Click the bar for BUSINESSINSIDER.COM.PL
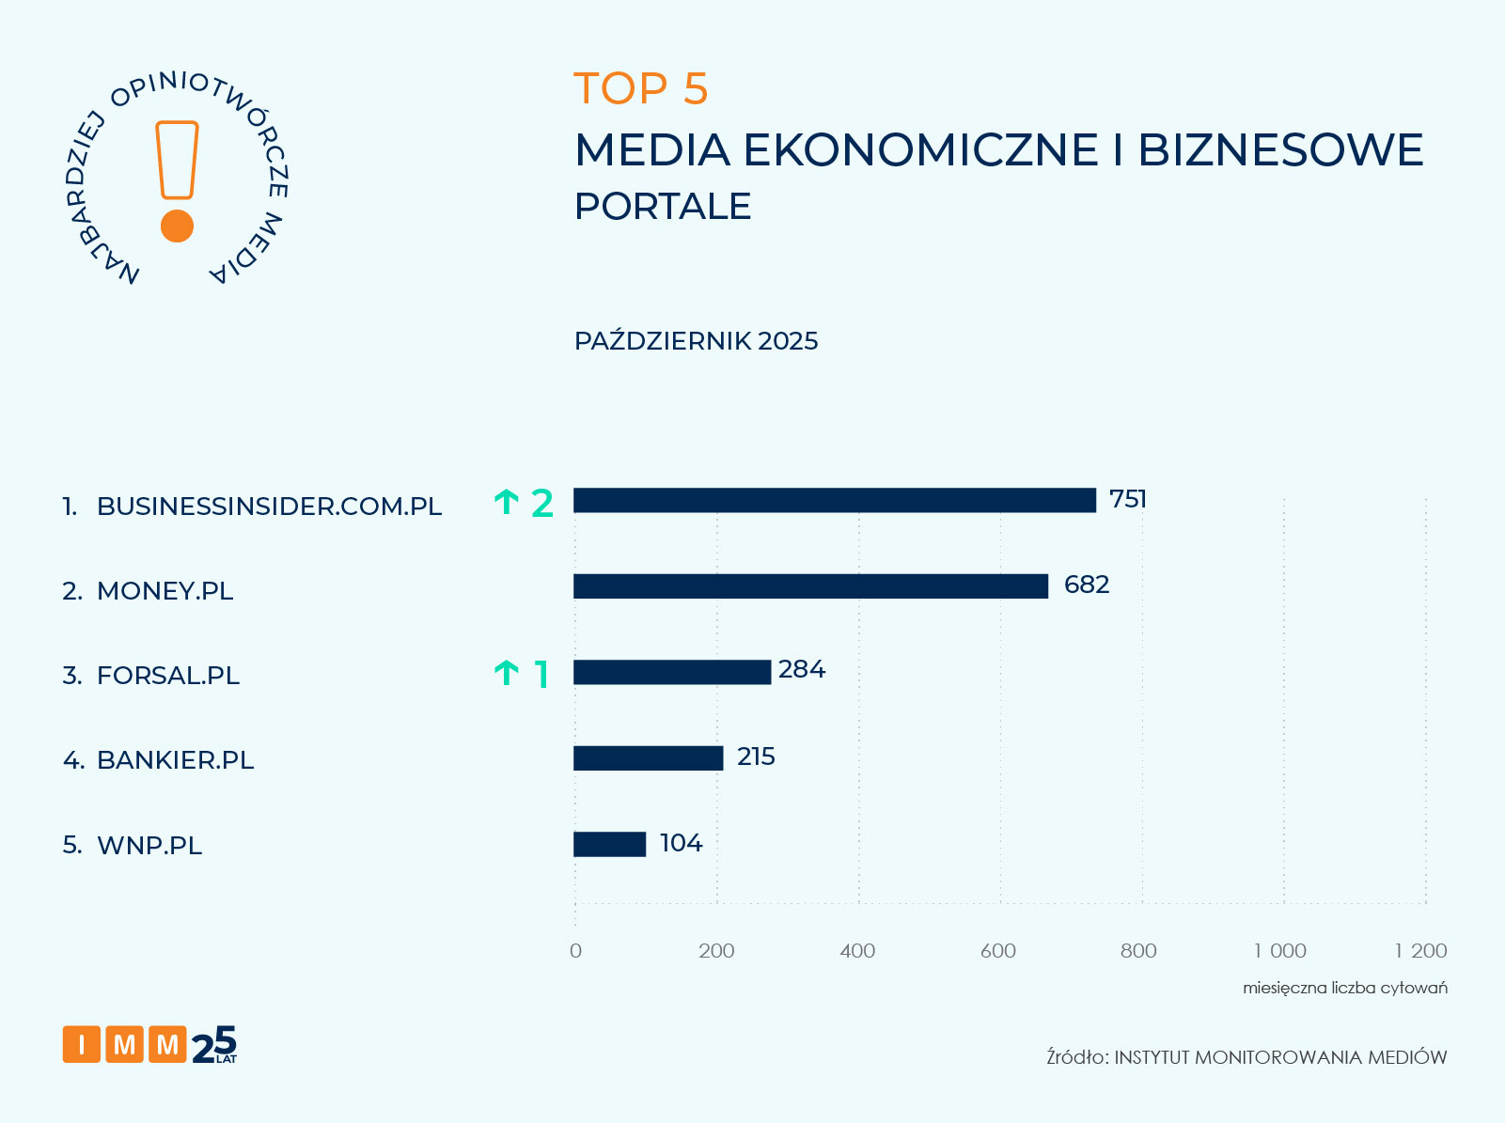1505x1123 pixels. coord(835,500)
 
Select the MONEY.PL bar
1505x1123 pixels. coord(810,586)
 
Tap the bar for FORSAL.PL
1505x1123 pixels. coord(672,672)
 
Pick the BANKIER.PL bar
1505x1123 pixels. coord(649,758)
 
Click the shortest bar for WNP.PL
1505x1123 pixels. coord(610,844)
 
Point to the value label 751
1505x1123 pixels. coord(1128,499)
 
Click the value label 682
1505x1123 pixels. coord(1087,585)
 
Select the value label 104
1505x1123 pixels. coord(682,843)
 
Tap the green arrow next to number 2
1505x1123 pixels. coord(507,503)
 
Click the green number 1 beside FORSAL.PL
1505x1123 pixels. coord(541,674)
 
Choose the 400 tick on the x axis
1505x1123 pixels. coord(857,951)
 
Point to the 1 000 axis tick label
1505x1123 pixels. coord(1280,951)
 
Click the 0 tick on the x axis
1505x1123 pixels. coord(575,951)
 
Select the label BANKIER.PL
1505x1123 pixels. coord(175,760)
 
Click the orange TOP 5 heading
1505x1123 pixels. coord(640,89)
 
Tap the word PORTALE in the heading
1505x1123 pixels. coord(663,207)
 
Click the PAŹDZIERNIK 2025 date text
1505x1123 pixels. coord(696,341)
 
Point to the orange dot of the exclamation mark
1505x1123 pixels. coord(177,226)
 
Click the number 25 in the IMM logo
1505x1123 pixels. coord(214,1045)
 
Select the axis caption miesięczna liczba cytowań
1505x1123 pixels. coord(1344,988)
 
